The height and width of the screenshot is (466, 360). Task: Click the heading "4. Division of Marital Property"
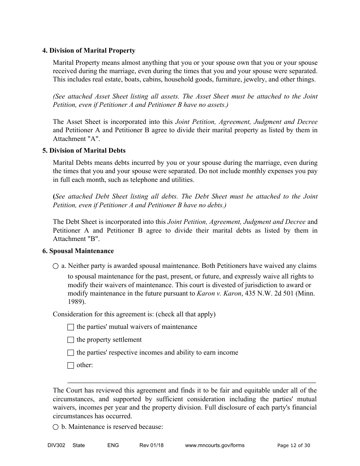pyautogui.click(x=89, y=50)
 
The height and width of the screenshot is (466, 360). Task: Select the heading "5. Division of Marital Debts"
pyautogui.click(x=84, y=150)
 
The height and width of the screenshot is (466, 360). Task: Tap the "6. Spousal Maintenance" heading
pyautogui.click(x=78, y=251)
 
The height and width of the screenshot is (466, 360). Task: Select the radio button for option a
pyautogui.click(x=56, y=266)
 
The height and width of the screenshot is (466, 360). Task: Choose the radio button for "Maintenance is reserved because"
pyautogui.click(x=56, y=427)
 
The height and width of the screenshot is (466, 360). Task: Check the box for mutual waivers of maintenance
pyautogui.click(x=70, y=327)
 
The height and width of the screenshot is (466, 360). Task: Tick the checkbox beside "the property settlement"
pyautogui.click(x=70, y=340)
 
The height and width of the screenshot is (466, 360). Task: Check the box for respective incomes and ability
pyautogui.click(x=70, y=353)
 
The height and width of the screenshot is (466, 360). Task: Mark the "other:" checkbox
pyautogui.click(x=70, y=366)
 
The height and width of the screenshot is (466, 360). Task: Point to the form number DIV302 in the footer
pyautogui.click(x=50, y=446)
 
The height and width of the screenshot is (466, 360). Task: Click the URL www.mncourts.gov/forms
pyautogui.click(x=214, y=446)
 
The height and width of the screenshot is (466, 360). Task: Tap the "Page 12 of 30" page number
pyautogui.click(x=294, y=446)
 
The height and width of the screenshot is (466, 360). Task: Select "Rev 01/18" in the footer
pyautogui.click(x=151, y=446)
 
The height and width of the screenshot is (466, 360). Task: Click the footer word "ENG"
pyautogui.click(x=113, y=446)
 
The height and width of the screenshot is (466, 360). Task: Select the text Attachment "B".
pyautogui.click(x=76, y=239)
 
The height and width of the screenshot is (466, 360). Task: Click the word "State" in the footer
pyautogui.click(x=78, y=446)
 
